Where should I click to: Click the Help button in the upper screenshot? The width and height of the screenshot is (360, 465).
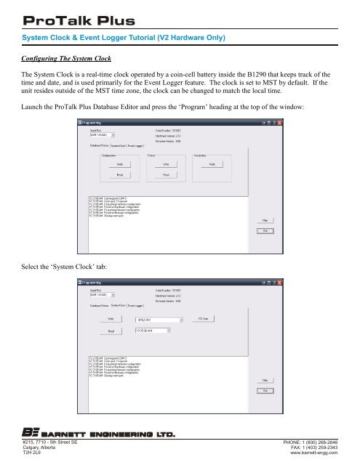pos(266,238)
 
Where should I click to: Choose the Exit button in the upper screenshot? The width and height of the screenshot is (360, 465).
pos(266,250)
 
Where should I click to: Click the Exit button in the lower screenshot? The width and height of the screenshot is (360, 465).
pos(266,390)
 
